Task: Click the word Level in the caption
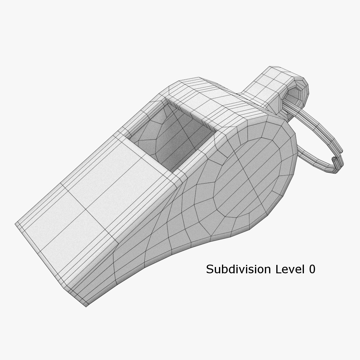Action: [286, 269]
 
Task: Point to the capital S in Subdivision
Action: [210, 269]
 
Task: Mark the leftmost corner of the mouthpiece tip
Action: [16, 224]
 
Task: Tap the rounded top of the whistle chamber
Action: [204, 93]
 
